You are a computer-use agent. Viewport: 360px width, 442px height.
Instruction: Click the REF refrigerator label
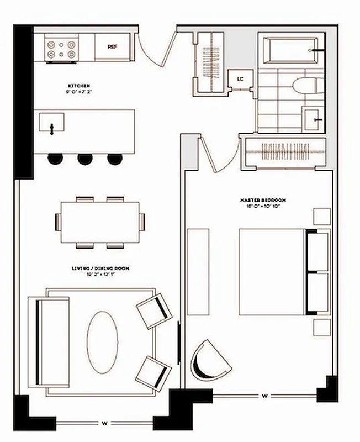[x=112, y=47]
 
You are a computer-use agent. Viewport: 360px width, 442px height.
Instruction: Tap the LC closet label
[x=240, y=79]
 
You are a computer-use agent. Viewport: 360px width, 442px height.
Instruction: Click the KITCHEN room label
[x=79, y=86]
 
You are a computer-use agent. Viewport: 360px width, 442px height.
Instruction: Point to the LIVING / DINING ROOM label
[x=100, y=269]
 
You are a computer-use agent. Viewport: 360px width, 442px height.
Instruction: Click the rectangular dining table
[x=99, y=222]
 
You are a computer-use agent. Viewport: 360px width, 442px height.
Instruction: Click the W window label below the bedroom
[x=265, y=396]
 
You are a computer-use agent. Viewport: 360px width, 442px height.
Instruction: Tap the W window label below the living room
[x=104, y=424]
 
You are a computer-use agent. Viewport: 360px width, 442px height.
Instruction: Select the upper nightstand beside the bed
[x=322, y=216]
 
